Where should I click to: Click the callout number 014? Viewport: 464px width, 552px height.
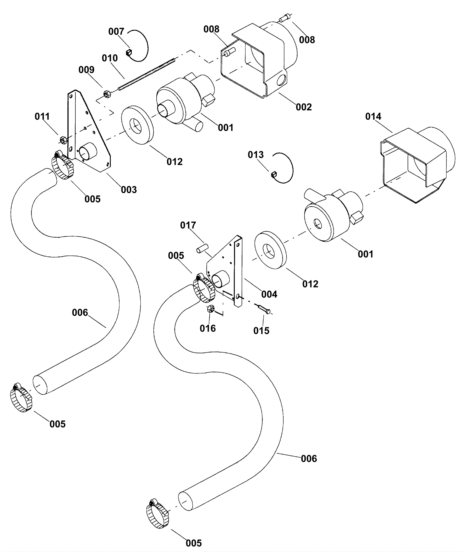coord(373,116)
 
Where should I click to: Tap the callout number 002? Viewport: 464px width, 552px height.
coord(304,107)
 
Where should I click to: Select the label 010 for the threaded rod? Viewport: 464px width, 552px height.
coord(110,58)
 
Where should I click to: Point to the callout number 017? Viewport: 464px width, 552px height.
coord(188,225)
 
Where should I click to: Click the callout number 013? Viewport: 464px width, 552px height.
coord(255,155)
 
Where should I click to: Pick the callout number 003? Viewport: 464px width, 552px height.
coord(129,190)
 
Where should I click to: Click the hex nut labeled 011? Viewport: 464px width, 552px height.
coord(63,140)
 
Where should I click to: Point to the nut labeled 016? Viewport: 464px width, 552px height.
coord(211,309)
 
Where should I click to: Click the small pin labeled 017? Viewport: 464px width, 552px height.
coord(202,249)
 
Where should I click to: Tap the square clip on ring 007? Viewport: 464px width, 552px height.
coord(129,53)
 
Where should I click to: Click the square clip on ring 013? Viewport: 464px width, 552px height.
coord(273,175)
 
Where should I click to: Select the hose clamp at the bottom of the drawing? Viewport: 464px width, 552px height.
coord(158,513)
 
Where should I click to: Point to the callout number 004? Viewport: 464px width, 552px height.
coord(269,294)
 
